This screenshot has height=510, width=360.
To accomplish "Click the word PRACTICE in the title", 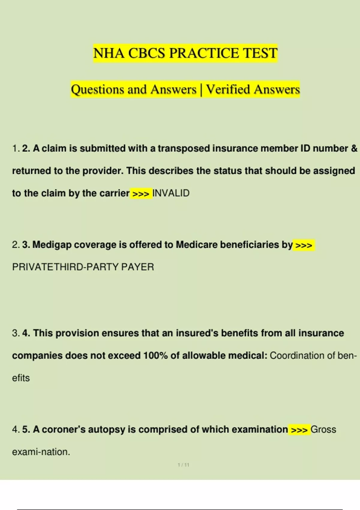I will point(204,53).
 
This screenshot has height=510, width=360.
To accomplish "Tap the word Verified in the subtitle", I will point(228,89).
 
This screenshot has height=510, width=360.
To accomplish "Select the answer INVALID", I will point(171,193).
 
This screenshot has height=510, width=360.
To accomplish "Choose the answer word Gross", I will point(323,430).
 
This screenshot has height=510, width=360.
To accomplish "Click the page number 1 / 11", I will point(183,465).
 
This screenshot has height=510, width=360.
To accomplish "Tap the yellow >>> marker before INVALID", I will point(141,194).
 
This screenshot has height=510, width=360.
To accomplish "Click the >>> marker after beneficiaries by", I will point(304,245).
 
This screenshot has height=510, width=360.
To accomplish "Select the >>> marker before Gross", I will point(299,430).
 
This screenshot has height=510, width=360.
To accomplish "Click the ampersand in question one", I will point(354,148).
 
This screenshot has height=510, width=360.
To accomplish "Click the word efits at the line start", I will point(21,378).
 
